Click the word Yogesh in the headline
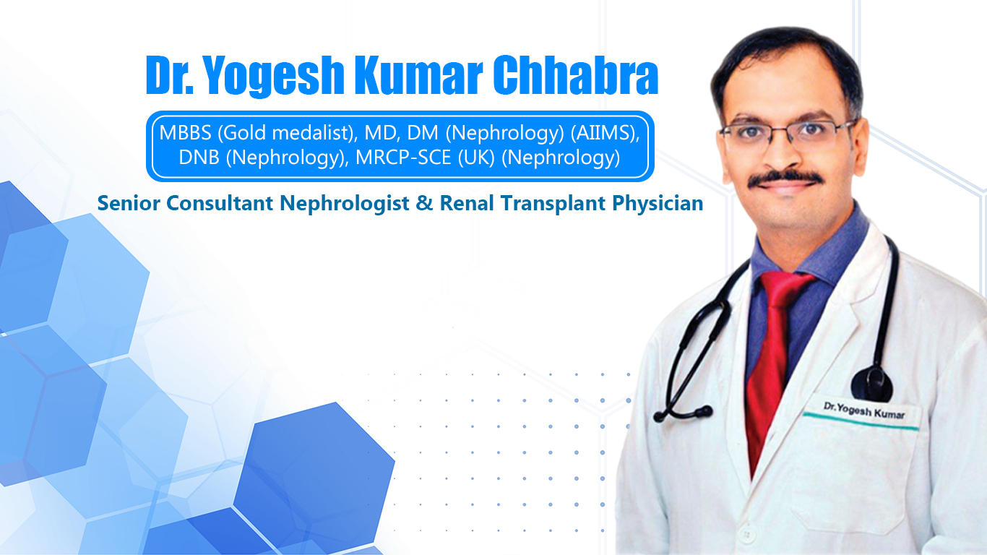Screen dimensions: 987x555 [x=274, y=75]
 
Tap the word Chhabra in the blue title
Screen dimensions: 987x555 [x=575, y=74]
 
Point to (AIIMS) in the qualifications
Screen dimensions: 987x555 [x=605, y=133]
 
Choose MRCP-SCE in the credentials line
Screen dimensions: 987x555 [x=403, y=158]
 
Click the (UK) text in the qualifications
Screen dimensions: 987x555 [x=477, y=158]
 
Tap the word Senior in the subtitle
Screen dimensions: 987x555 [x=129, y=203]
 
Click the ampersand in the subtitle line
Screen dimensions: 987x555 [x=424, y=203]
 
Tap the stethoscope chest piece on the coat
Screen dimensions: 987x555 [x=871, y=384]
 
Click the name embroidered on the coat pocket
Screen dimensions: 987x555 [x=864, y=411]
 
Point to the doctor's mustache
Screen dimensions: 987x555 [x=785, y=178]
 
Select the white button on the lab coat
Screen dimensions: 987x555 [x=746, y=535]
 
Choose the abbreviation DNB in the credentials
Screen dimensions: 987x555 [x=199, y=158]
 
